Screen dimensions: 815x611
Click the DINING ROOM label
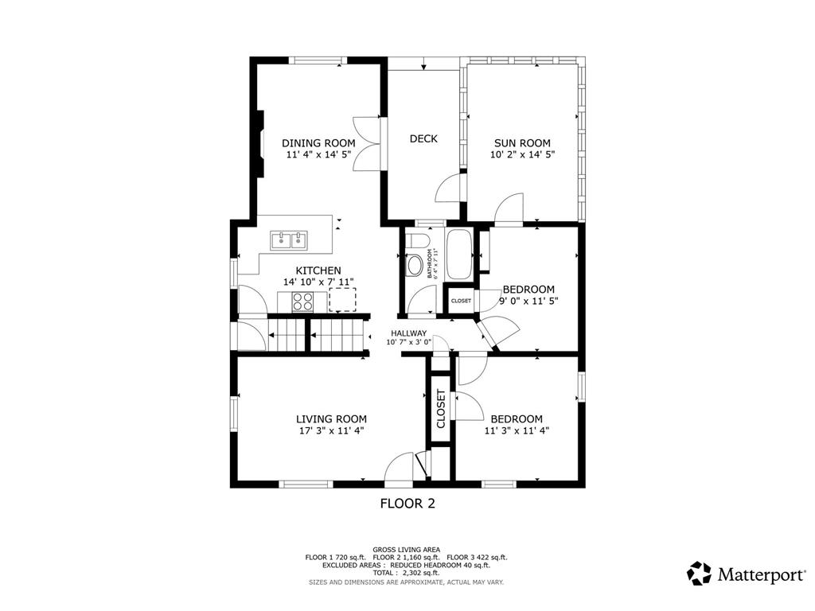click(318, 143)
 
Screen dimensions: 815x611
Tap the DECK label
click(423, 138)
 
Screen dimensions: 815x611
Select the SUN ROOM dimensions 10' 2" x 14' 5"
click(522, 154)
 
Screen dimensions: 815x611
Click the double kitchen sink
click(288, 240)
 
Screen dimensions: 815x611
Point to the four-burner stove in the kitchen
click(302, 302)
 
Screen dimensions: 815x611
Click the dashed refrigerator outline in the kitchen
click(342, 299)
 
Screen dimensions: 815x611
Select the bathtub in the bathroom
click(459, 255)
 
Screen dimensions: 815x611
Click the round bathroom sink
click(414, 266)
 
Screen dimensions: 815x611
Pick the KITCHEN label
click(318, 270)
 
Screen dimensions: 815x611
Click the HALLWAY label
click(408, 333)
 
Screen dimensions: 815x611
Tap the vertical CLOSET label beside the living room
click(441, 409)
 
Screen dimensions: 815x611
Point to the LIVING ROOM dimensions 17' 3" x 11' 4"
click(330, 430)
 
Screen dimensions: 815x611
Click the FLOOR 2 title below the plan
click(407, 503)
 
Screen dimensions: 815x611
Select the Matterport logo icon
click(699, 574)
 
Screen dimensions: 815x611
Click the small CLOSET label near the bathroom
click(461, 301)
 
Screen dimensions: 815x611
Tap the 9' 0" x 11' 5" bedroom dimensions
click(528, 300)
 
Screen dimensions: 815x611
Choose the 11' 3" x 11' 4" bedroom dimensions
click(517, 430)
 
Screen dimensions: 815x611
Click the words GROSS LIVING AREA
click(407, 550)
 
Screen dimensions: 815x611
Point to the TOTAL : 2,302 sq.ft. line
click(407, 573)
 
